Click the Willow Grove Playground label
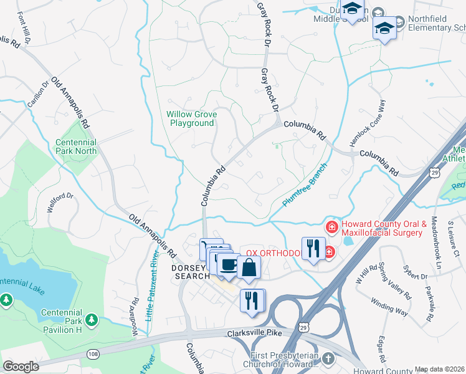click(x=190, y=118)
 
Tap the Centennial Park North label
click(x=76, y=146)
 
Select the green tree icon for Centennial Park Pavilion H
click(x=92, y=320)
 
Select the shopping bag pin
click(x=249, y=267)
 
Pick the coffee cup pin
click(x=229, y=264)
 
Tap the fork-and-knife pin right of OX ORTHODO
click(x=313, y=248)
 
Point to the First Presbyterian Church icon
click(x=328, y=360)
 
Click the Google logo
click(x=21, y=367)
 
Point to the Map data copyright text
click(x=439, y=369)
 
